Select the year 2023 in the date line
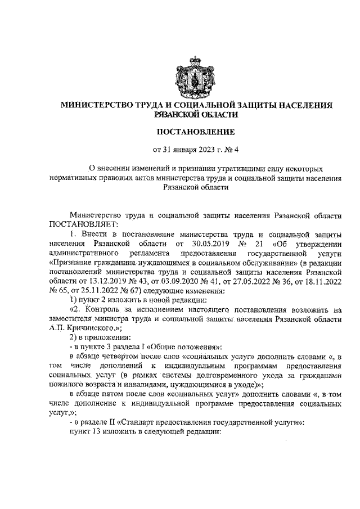pos(205,150)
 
